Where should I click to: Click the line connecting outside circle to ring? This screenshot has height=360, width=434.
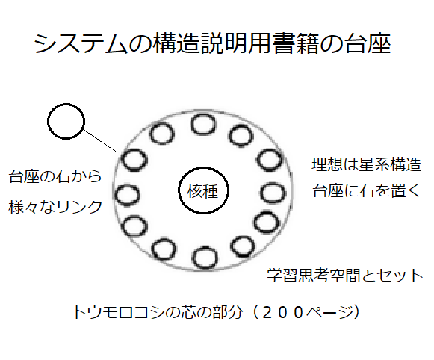click(99, 140)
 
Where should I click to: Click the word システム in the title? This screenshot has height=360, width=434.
click(81, 43)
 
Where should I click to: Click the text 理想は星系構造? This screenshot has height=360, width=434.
click(366, 164)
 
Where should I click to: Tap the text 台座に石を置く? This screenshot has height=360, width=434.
click(366, 190)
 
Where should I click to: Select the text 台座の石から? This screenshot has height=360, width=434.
click(55, 176)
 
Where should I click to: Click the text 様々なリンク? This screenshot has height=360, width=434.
click(55, 207)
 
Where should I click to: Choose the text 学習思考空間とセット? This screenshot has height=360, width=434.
click(345, 276)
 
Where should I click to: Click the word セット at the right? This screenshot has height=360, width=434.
click(399, 276)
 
